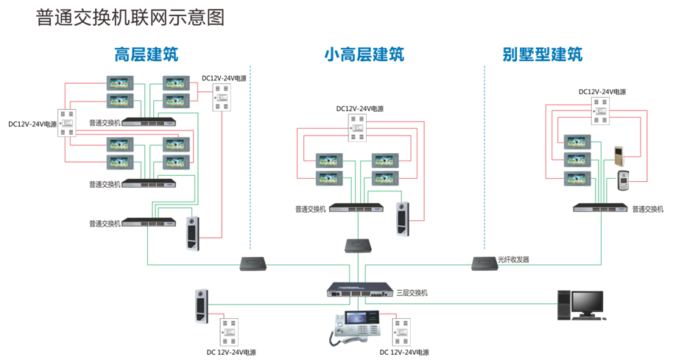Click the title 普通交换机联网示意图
[130, 18]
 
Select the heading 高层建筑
[146, 54]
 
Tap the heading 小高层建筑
[364, 54]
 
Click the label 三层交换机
[412, 293]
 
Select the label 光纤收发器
[513, 260]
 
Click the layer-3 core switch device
[361, 289]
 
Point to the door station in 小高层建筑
[402, 219]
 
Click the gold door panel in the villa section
[618, 155]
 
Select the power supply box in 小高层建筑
[359, 130]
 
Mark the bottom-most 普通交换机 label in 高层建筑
[104, 223]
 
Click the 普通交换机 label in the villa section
[648, 209]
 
